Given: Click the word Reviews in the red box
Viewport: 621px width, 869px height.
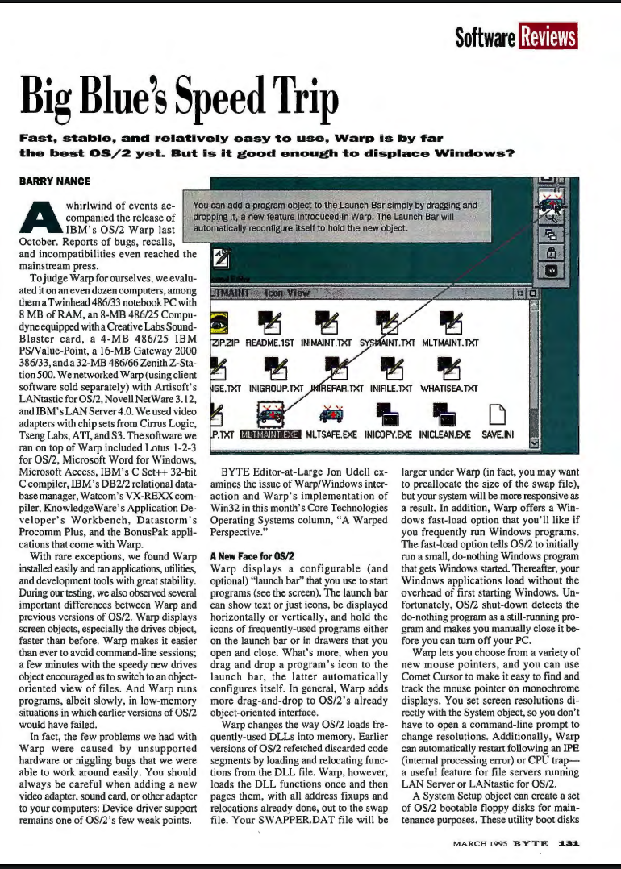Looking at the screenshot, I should click(550, 36).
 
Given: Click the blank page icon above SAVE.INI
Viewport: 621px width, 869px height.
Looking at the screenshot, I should click(495, 414).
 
